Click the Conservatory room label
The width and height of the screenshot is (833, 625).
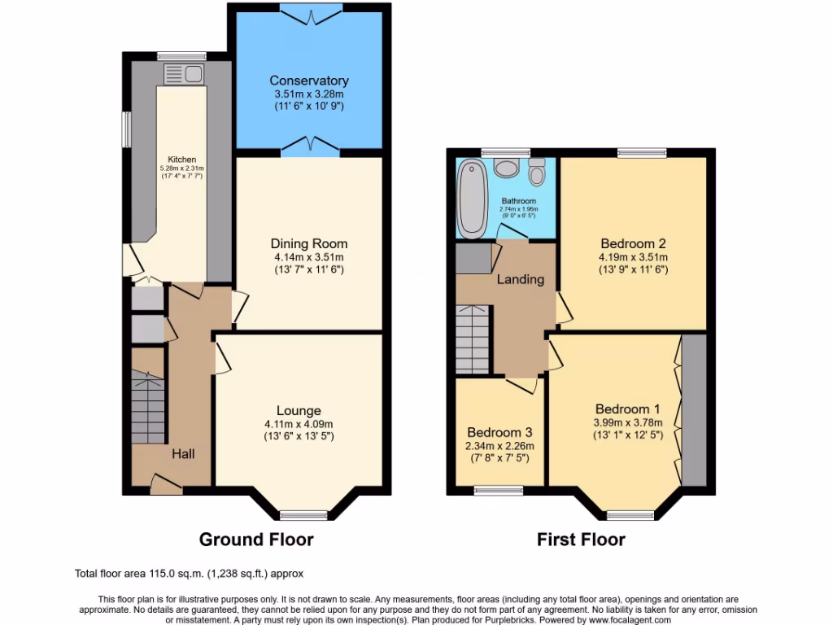(x=309, y=81)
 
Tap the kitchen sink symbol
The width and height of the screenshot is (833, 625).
(x=185, y=75)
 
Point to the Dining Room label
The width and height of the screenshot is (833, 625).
(x=309, y=243)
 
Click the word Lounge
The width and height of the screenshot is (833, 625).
(x=299, y=411)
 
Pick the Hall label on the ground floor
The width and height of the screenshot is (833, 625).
(x=182, y=454)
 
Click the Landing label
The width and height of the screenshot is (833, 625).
(x=520, y=279)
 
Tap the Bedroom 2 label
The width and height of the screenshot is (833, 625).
(x=634, y=243)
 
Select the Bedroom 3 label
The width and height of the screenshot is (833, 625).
(x=500, y=432)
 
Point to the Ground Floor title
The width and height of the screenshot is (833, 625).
(x=256, y=539)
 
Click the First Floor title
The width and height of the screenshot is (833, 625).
(x=581, y=539)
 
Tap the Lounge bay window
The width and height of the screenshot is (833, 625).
(x=303, y=514)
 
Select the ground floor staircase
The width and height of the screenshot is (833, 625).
(x=148, y=407)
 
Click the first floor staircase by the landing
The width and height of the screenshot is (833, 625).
(x=473, y=338)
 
